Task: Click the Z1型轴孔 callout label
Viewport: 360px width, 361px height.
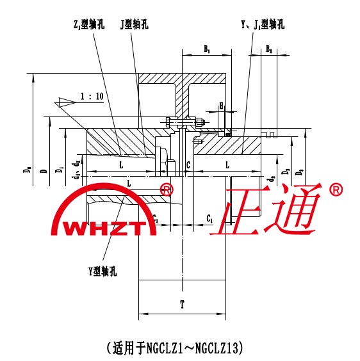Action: pos(89,24)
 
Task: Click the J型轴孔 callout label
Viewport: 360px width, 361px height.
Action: pos(134,24)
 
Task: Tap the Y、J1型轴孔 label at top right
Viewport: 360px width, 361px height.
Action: pos(263,24)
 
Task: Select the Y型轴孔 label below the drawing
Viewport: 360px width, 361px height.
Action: pos(102,271)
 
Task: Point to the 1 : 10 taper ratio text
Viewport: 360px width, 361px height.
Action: pos(92,96)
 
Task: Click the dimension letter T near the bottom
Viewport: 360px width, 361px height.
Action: pos(182,305)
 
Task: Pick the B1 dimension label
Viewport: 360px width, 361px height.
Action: pos(207,49)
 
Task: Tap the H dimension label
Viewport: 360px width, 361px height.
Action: pos(221,106)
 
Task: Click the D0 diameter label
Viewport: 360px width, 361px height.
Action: pos(28,170)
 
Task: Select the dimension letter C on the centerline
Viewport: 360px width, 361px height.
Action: pos(188,165)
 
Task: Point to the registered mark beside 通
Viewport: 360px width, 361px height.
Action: pos(336,189)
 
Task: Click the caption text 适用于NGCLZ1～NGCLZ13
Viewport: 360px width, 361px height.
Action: pos(175,348)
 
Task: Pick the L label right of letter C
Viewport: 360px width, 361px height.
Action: pos(227,165)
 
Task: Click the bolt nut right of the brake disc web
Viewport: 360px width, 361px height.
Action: pos(200,123)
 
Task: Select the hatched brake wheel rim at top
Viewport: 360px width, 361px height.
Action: pos(182,79)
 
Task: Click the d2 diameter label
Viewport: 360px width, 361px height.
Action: pos(272,179)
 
